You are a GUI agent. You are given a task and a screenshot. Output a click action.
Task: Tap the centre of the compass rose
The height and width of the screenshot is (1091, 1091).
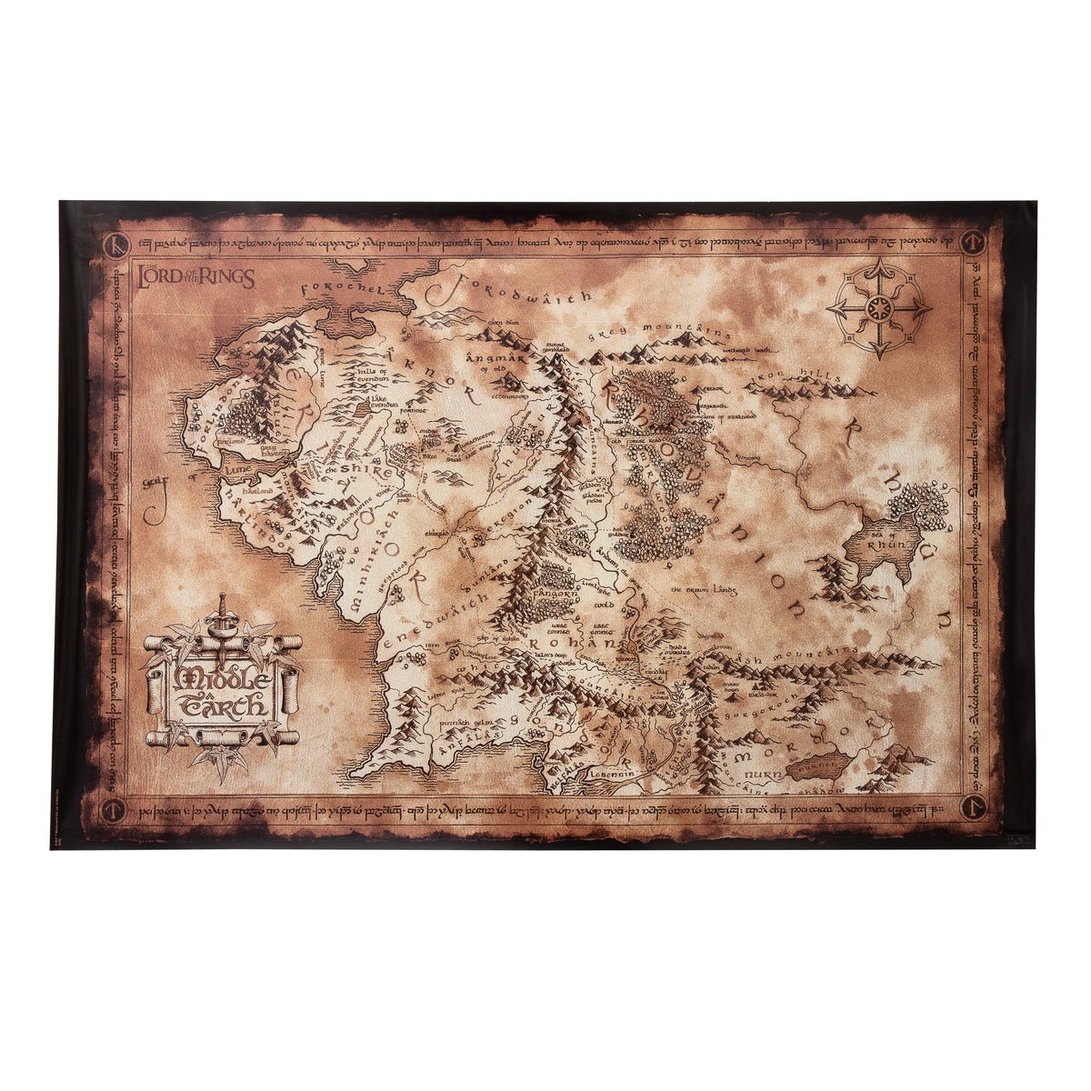878,307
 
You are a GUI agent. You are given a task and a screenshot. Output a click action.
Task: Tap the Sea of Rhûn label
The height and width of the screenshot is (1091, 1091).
881,543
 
